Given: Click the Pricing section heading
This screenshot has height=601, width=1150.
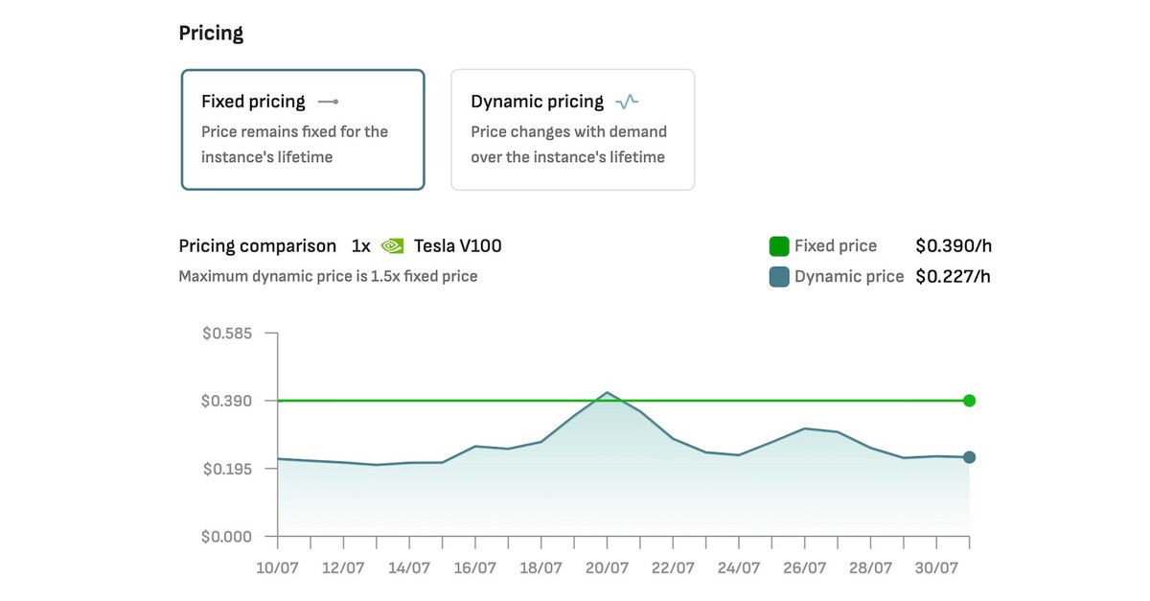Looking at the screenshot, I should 211,34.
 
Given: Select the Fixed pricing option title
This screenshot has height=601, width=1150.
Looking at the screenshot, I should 253,102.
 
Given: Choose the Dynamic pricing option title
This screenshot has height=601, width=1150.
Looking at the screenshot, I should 537,102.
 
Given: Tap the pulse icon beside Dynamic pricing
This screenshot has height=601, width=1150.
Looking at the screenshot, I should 627,102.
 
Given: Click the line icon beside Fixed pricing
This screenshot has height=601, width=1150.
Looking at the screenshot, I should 328,102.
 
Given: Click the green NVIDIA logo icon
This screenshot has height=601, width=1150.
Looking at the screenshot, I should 392,246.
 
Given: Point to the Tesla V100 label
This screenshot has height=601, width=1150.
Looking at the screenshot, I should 457,246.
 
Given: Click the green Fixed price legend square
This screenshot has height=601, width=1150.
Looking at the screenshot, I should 779,246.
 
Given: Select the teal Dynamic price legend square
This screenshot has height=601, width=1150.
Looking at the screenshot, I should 779,277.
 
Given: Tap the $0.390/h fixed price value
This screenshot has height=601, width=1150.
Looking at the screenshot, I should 953,246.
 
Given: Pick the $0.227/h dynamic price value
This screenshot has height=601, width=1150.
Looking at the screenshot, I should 953,277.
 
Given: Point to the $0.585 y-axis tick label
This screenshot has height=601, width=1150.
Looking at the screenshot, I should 226,334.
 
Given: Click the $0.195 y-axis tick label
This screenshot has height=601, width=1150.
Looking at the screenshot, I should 226,469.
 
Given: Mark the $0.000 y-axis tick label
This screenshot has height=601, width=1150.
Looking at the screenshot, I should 226,537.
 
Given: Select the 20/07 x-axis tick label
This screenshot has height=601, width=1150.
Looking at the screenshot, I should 607,568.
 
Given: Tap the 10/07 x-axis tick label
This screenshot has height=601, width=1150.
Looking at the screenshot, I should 277,568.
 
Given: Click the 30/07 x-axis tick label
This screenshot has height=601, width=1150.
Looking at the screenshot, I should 936,568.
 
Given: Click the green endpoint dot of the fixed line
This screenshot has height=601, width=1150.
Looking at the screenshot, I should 969,401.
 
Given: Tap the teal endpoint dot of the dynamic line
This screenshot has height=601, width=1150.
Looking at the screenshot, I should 969,457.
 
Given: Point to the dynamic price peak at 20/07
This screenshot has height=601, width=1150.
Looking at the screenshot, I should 607,392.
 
